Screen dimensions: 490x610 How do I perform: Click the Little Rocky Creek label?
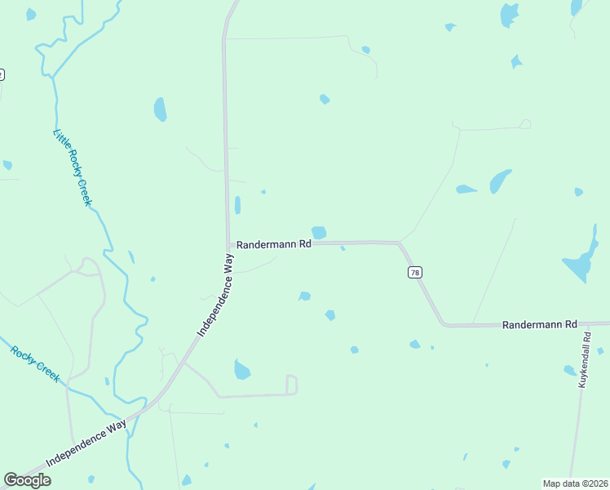point(73,167)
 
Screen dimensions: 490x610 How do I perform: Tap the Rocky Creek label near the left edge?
point(35,364)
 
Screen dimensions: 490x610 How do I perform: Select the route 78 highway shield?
point(415,273)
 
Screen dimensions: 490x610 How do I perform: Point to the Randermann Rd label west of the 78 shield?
point(273,244)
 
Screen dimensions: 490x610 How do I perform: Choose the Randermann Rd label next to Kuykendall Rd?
point(539,324)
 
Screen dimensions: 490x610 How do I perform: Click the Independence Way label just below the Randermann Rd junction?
point(216,295)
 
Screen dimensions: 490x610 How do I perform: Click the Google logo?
point(28,480)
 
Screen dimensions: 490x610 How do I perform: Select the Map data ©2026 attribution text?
point(575,483)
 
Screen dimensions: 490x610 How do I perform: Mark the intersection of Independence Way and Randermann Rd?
point(228,243)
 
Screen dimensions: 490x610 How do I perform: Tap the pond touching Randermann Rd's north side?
point(319,233)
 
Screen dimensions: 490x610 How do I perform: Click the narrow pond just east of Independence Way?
point(237,205)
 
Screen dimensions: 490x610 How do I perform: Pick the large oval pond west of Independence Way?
point(160,109)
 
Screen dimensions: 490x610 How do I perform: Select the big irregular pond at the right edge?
point(581,260)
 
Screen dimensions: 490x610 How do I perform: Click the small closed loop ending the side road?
point(292,385)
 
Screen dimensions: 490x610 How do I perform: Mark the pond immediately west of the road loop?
point(241,370)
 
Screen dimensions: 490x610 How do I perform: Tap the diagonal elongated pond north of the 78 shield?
point(500,181)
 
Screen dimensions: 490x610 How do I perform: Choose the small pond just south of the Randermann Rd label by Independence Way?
point(304,296)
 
